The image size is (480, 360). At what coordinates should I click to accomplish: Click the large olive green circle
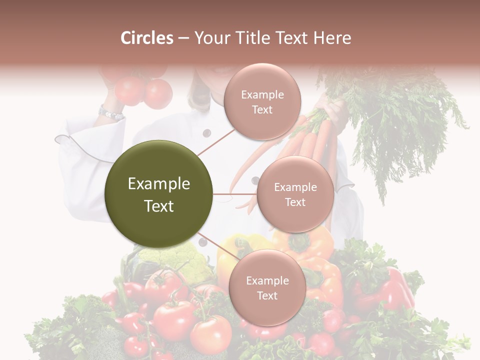159,194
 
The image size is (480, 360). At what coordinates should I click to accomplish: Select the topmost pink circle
262,102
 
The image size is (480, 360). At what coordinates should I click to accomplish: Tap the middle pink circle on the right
295,194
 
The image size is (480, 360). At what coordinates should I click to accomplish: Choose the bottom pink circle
267,287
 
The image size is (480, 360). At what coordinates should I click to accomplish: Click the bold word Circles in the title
147,38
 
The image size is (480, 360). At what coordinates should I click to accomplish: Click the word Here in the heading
332,38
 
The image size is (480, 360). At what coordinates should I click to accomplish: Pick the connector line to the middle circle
235,194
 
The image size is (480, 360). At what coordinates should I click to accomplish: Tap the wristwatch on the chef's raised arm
110,113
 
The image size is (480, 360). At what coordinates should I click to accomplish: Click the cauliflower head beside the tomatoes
172,260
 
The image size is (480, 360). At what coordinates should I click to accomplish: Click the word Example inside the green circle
159,184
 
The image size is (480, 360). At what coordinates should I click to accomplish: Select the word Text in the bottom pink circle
267,295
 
